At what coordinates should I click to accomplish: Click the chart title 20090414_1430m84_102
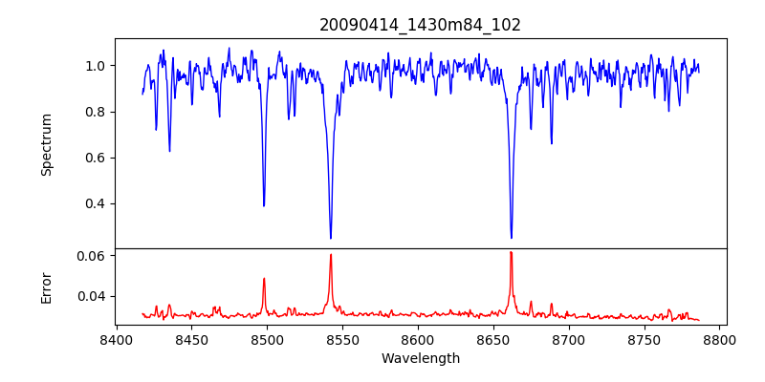click(420, 25)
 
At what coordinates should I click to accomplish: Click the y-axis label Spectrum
click(46, 144)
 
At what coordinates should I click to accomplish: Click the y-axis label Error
click(46, 286)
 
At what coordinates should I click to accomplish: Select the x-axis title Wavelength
click(420, 358)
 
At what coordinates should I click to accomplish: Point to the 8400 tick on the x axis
click(116, 339)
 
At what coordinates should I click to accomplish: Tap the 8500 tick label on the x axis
click(267, 339)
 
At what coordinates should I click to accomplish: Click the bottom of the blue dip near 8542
click(331, 238)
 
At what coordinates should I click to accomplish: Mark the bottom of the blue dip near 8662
click(512, 238)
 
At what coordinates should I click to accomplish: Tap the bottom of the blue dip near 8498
click(264, 205)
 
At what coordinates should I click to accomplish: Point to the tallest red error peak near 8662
click(512, 252)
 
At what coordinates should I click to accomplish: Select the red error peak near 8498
click(264, 279)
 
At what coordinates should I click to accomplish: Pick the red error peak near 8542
click(331, 254)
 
